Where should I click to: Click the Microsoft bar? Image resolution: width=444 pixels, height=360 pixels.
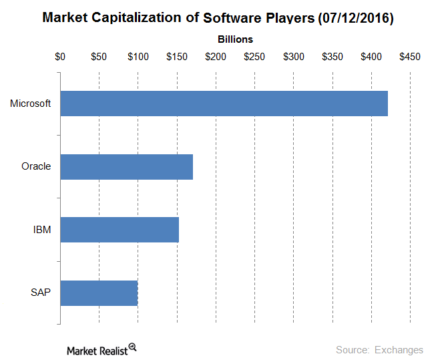pos(224,104)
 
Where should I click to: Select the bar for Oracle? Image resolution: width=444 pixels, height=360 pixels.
pos(126,166)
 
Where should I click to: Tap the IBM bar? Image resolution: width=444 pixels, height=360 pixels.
pos(120,230)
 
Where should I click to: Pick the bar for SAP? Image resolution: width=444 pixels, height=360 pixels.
pos(99,293)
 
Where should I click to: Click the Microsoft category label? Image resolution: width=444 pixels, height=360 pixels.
pos(31,104)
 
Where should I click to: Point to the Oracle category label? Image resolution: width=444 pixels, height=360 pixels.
pos(36,166)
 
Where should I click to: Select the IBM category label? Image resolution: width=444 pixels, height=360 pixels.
pos(42,230)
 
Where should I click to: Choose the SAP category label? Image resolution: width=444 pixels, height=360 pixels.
pos(41,293)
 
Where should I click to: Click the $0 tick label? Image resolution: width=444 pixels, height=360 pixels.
pos(60,57)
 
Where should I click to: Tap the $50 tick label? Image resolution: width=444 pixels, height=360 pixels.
pos(99,57)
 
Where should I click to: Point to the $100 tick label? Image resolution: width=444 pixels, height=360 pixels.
pos(138,57)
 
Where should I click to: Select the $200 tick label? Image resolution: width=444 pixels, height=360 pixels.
pos(216,57)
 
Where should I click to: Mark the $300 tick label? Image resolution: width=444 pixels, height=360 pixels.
pos(293,57)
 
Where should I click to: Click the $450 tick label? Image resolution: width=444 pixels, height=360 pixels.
pos(409,57)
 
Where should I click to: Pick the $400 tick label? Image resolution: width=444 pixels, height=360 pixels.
pos(371,57)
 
